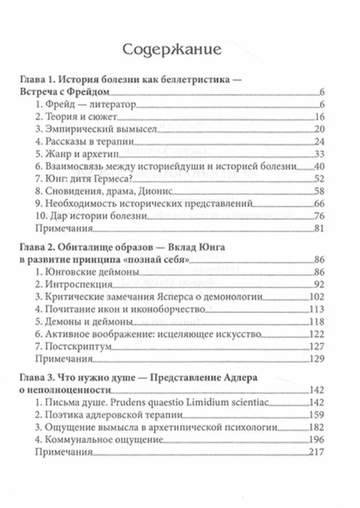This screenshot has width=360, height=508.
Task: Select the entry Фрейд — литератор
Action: [85, 105]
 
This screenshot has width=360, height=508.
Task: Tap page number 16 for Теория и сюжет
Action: [319, 117]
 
